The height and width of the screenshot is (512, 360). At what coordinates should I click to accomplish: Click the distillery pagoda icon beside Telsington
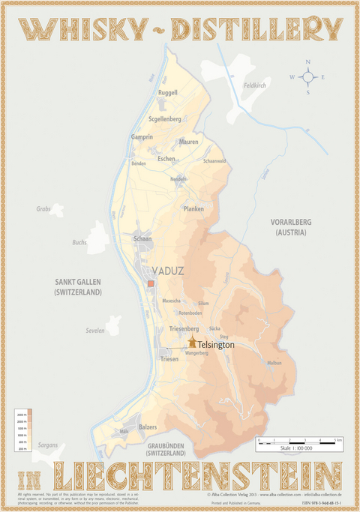tap(193, 342)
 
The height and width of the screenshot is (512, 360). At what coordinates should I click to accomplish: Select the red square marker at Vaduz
tap(150, 285)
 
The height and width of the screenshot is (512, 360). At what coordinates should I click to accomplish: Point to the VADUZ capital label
tap(168, 270)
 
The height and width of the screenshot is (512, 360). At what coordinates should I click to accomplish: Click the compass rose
tap(307, 76)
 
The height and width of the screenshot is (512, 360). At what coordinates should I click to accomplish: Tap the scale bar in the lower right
tap(299, 443)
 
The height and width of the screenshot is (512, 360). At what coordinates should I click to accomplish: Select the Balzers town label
tap(148, 427)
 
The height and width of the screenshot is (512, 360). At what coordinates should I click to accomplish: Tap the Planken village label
tap(193, 209)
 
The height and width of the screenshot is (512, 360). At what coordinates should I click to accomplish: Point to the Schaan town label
tap(142, 238)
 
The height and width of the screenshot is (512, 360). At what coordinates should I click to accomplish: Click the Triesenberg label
tap(184, 329)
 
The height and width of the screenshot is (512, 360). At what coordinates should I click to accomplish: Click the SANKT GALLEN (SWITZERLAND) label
tap(77, 287)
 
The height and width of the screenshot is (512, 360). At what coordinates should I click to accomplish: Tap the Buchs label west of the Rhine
tap(79, 242)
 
